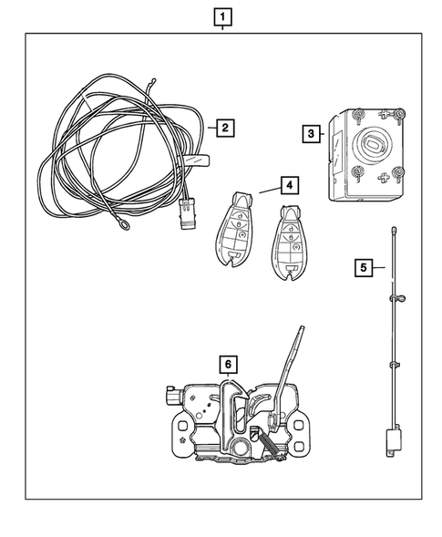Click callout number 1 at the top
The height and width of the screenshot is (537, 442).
tap(222, 15)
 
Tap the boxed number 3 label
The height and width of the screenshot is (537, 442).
tap(312, 133)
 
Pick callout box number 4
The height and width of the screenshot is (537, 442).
tap(288, 185)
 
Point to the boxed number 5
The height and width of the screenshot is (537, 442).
tap(363, 267)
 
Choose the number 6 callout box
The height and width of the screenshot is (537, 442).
tap(228, 365)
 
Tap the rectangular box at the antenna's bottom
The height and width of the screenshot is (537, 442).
tap(395, 439)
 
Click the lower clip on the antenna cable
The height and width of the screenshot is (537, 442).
tap(396, 364)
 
